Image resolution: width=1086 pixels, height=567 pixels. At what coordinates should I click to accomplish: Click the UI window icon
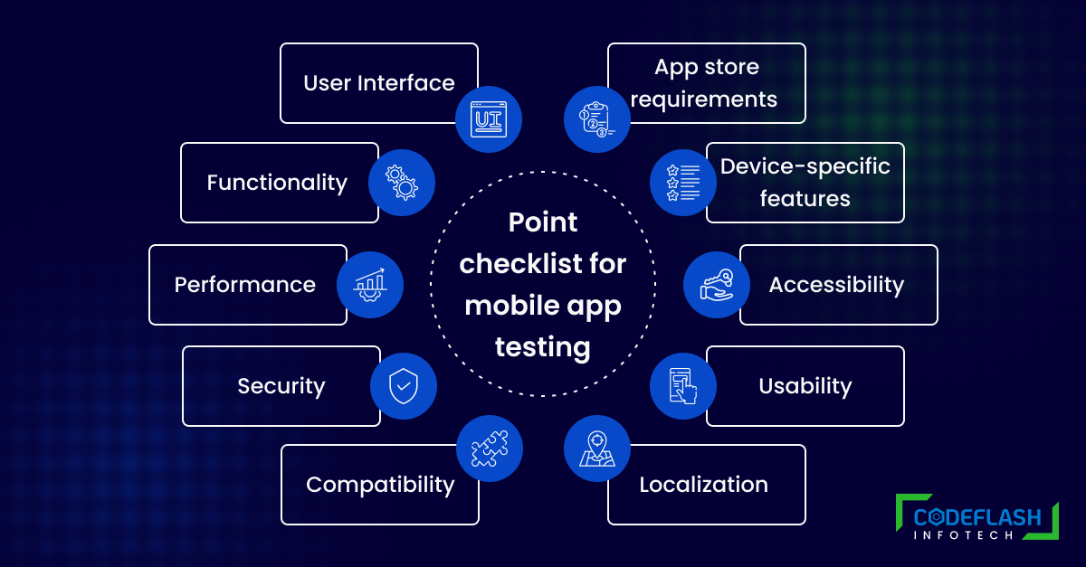point(489,119)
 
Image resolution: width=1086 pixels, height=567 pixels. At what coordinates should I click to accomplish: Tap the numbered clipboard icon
point(596,119)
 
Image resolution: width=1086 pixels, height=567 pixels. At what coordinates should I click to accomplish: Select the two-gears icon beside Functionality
point(402,183)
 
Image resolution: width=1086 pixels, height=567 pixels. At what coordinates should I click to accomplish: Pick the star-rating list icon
point(683,183)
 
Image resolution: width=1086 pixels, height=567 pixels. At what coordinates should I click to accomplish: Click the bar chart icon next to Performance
point(370,285)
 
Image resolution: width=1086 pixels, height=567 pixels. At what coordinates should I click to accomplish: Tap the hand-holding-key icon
point(717,285)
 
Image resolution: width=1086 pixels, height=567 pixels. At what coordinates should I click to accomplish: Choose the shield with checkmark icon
point(404,386)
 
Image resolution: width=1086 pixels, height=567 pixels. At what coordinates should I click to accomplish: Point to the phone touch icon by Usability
point(683,386)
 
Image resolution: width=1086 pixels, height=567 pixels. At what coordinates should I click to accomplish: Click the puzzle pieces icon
point(490,449)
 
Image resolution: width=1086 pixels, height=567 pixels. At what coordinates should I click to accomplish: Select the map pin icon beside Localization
point(596,449)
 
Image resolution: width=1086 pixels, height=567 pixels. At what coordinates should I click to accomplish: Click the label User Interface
point(379,83)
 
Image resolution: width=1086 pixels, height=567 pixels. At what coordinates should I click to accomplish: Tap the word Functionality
point(277,184)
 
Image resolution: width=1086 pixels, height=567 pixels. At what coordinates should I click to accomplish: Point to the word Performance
point(245,285)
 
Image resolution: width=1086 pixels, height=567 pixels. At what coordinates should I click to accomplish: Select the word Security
point(281,386)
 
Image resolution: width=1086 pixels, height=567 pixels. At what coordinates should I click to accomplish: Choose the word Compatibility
point(381,485)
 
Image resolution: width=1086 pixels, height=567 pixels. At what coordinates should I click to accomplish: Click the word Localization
point(703,485)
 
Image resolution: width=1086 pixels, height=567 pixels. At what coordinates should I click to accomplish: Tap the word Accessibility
point(836,285)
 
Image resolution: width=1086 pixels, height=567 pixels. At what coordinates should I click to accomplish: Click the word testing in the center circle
point(542,347)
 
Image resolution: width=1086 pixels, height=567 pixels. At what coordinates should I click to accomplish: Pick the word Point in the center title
point(542,222)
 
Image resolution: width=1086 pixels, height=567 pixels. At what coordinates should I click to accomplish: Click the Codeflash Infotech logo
point(977,517)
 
